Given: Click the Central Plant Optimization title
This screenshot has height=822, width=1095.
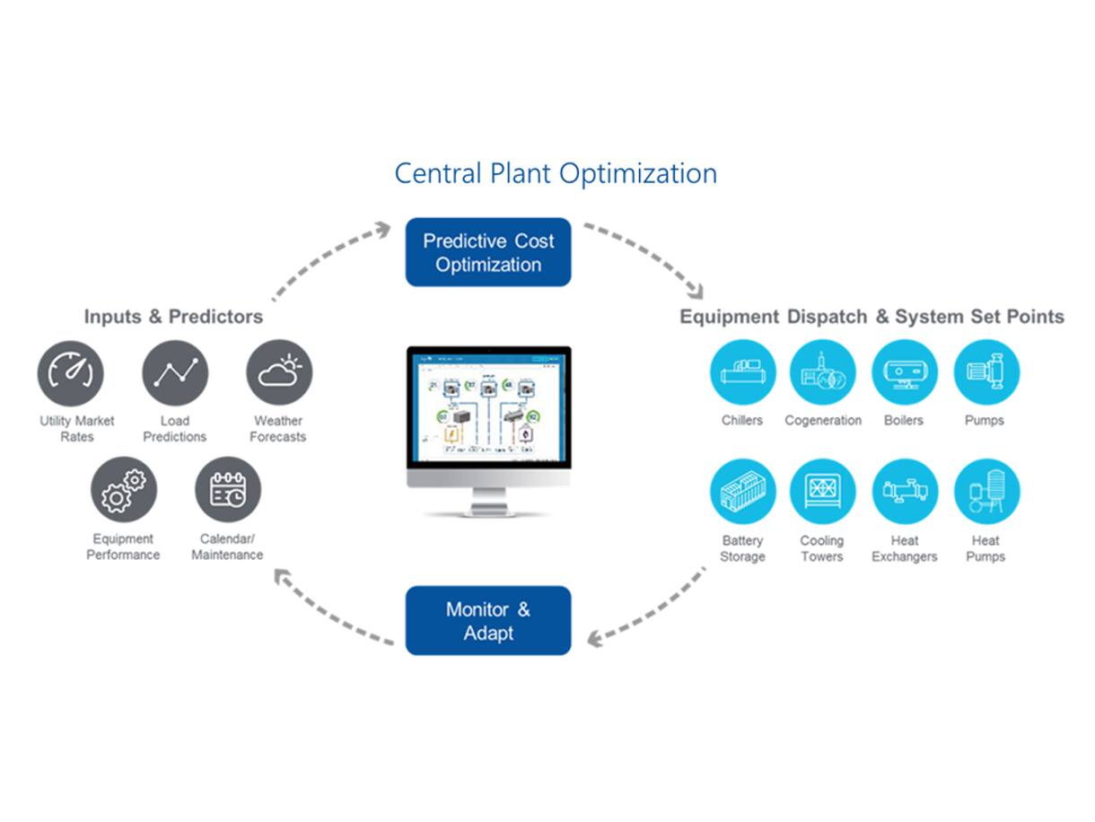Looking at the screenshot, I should click(x=556, y=172).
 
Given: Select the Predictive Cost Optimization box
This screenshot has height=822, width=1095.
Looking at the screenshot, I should click(x=488, y=252).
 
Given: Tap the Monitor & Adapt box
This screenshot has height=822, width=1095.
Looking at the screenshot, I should click(x=488, y=621).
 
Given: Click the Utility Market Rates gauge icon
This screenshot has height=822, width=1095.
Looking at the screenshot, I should click(x=71, y=372).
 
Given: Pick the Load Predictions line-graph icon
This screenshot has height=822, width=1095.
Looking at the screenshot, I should click(x=175, y=372).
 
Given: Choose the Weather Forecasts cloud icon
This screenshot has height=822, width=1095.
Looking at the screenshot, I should click(x=279, y=372).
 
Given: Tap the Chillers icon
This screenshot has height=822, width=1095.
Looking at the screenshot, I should click(x=742, y=372).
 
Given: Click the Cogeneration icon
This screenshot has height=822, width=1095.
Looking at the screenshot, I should click(x=822, y=372).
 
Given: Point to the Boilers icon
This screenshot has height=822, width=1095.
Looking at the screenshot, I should click(x=904, y=372).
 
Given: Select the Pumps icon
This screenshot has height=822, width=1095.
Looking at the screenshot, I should click(x=986, y=372).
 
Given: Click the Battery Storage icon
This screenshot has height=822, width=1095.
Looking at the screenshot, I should click(x=742, y=491).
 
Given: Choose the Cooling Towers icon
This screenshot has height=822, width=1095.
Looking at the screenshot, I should click(x=822, y=491).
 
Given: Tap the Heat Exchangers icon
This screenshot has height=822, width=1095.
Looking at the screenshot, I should click(x=904, y=491).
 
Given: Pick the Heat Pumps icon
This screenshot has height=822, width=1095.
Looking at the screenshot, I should click(x=986, y=491).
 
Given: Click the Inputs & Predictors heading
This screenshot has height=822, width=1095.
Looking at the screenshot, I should click(x=173, y=317).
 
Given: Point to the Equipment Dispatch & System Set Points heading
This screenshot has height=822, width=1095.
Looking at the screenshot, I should click(x=872, y=317).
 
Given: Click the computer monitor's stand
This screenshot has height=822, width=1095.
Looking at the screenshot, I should click(x=488, y=503).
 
